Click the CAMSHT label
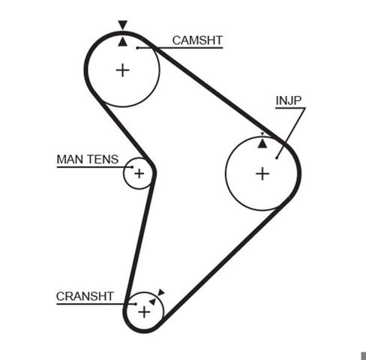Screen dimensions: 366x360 click(197, 40)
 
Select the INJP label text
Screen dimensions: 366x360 click(289, 100)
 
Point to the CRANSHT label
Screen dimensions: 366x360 click(85, 296)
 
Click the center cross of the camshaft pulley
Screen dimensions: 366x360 click(123, 70)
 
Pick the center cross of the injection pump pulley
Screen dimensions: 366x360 click(262, 174)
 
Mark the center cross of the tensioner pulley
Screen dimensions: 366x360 click(139, 173)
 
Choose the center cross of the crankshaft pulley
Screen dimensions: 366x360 click(144, 312)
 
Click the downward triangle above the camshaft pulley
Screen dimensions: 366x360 click(123, 25)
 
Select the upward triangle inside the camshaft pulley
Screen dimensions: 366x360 click(122, 42)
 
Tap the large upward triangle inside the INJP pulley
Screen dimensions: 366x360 click(262, 143)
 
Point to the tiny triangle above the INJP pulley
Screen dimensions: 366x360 click(262, 134)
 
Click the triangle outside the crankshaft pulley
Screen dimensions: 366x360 click(161, 292)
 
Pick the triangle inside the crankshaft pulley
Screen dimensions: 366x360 click(152, 301)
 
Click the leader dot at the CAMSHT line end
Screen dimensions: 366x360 click(137, 48)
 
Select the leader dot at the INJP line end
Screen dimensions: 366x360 click(277, 157)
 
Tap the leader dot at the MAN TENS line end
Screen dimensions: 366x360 click(133, 167)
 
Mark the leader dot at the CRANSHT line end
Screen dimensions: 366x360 click(136, 304)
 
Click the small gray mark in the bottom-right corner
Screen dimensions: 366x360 click(363, 356)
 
